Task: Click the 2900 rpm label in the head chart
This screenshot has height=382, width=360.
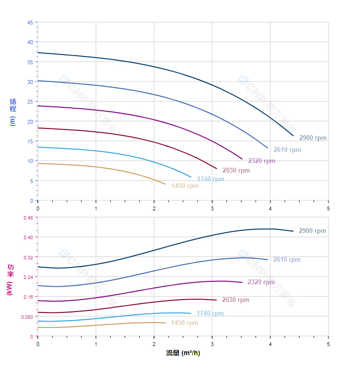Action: coord(313,138)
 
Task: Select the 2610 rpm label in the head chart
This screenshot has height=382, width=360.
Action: coord(287,150)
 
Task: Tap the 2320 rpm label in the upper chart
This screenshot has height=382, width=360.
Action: coord(261,161)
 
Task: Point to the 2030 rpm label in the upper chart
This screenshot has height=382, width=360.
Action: coord(236,171)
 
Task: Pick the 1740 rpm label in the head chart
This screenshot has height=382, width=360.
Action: coord(210,179)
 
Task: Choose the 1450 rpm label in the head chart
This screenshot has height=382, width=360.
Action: coord(185,186)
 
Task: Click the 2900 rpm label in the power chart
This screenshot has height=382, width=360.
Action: coord(312,231)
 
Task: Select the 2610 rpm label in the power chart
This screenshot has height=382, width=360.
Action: coord(287,260)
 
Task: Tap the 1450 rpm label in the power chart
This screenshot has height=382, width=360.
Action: coord(184,323)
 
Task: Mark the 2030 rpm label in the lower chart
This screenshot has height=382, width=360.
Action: coord(236,300)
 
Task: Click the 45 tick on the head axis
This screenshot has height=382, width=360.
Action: coord(30,23)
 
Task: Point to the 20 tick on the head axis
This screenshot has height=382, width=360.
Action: coord(30,122)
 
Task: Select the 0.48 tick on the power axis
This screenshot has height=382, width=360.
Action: coord(28,218)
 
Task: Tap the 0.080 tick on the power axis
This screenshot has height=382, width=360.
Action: coord(27,317)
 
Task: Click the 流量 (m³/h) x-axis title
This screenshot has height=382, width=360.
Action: coord(183,353)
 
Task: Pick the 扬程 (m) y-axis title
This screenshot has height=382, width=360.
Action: coord(13,112)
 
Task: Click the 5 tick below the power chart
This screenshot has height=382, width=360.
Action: coord(328,344)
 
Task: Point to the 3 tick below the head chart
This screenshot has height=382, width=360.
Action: coord(212,208)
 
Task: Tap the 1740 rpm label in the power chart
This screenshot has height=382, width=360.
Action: coord(210,313)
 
